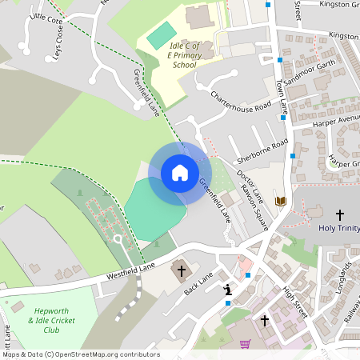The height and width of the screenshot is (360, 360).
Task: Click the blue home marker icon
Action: point(179,173)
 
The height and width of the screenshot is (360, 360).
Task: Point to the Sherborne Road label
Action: point(262,150)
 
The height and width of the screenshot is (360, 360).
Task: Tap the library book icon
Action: point(280,201)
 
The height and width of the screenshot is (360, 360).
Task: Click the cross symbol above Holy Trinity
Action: point(339,214)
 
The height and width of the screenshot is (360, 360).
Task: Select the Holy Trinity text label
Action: point(338,228)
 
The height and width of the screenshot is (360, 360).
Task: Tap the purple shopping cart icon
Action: point(246,343)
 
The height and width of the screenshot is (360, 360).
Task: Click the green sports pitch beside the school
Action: point(161,34)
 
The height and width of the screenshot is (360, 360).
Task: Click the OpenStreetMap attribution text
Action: point(80,354)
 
